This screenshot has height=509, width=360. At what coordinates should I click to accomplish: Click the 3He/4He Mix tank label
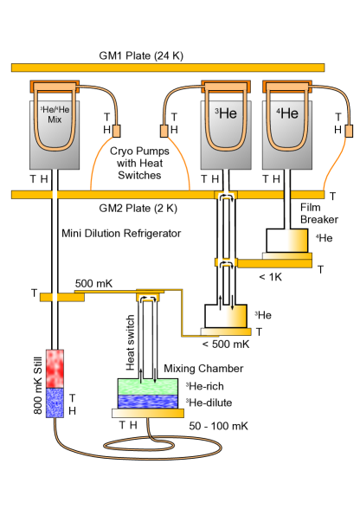(x=54, y=115)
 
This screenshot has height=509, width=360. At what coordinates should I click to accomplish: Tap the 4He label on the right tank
(x=287, y=113)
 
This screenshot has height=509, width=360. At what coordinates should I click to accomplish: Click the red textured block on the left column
(x=55, y=368)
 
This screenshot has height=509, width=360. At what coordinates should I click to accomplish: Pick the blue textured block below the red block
(x=55, y=403)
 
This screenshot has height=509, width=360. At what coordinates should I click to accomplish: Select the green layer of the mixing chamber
(x=147, y=387)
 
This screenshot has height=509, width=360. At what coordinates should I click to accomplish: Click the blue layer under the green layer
(x=147, y=402)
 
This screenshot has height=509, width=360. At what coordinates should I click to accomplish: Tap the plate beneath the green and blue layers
(x=147, y=413)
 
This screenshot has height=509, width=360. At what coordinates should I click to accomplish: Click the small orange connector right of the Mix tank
(x=116, y=131)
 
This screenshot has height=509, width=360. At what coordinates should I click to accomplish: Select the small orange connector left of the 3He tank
(x=164, y=131)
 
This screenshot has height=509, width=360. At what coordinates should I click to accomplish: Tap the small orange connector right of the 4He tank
(x=349, y=131)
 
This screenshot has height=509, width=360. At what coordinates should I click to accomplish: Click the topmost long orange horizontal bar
(x=167, y=68)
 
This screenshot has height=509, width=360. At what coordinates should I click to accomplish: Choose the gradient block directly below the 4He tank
(x=286, y=241)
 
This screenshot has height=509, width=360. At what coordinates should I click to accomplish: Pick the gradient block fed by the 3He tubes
(x=226, y=316)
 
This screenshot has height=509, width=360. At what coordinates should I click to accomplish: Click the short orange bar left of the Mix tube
(x=61, y=297)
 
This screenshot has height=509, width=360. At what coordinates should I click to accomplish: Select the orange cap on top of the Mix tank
(x=55, y=87)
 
